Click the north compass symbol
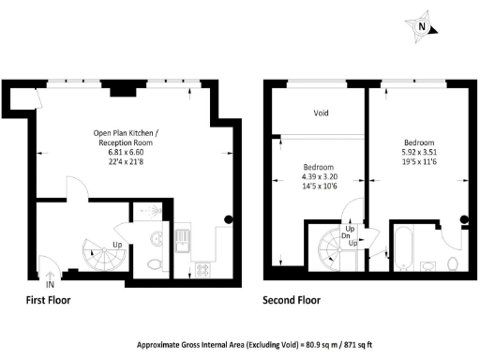[423, 27]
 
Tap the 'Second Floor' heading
[292, 301]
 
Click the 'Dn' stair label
[349, 235]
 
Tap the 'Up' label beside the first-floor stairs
[117, 245]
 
